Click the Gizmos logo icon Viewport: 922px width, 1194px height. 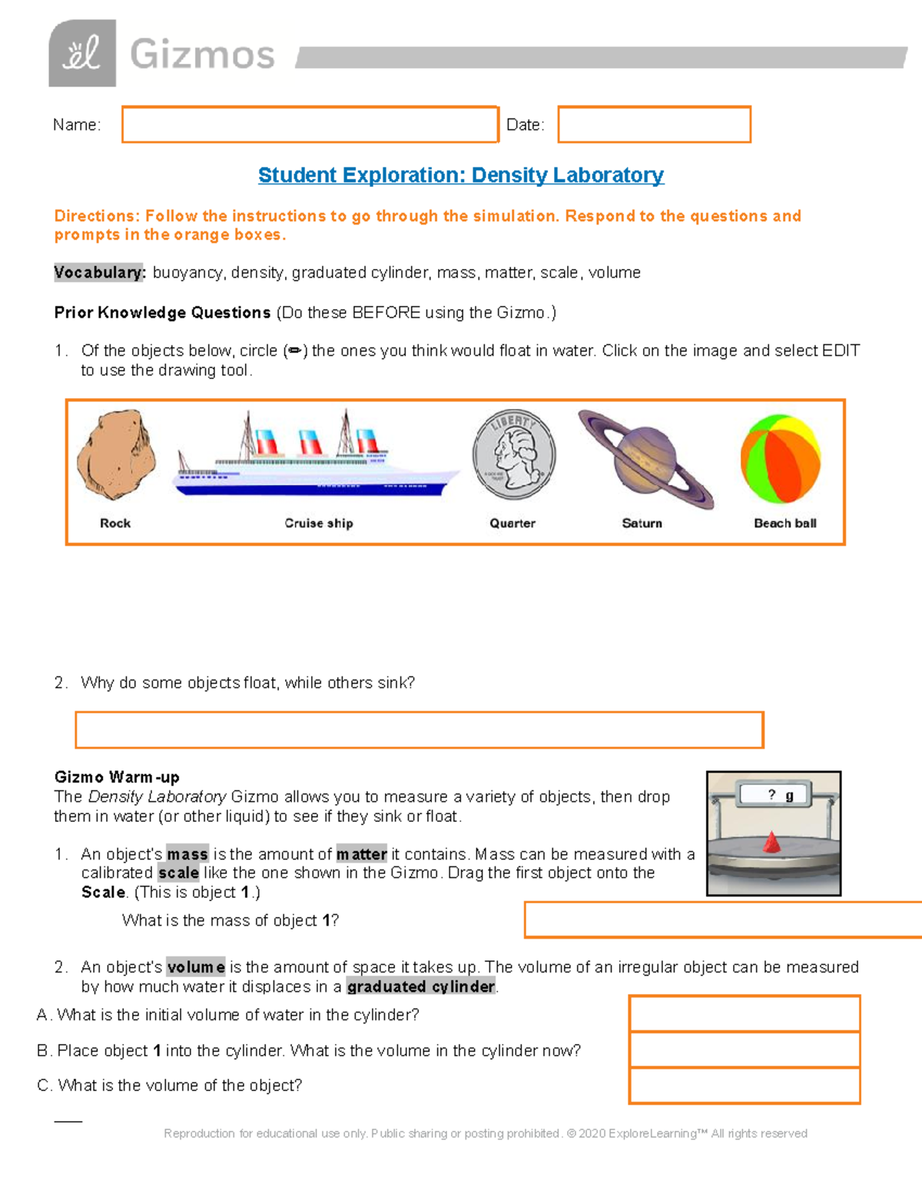coord(82,53)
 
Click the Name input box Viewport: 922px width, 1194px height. coord(310,125)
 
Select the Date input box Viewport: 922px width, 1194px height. coord(654,125)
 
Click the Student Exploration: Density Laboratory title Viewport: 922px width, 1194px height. coord(461,175)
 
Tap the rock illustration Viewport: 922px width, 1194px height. coord(116,456)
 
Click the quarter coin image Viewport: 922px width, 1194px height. coord(513,454)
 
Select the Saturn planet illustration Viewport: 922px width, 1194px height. coord(645,459)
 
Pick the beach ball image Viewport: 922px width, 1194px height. coord(781,459)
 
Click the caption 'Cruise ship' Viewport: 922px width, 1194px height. coord(319,524)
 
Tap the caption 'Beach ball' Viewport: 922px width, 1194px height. coord(784,524)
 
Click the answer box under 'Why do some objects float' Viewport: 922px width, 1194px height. coord(420,730)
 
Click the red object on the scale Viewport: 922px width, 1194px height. coord(771,843)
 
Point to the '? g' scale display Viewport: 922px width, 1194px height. coord(774,795)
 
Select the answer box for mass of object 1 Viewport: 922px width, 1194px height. coord(722,920)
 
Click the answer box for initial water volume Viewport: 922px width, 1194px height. coord(744,1014)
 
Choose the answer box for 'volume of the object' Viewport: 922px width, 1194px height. coord(744,1086)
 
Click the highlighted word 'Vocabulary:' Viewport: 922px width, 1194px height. coord(99,273)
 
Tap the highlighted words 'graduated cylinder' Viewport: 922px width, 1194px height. coord(421,987)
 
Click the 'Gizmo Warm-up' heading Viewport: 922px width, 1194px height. coord(117,777)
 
